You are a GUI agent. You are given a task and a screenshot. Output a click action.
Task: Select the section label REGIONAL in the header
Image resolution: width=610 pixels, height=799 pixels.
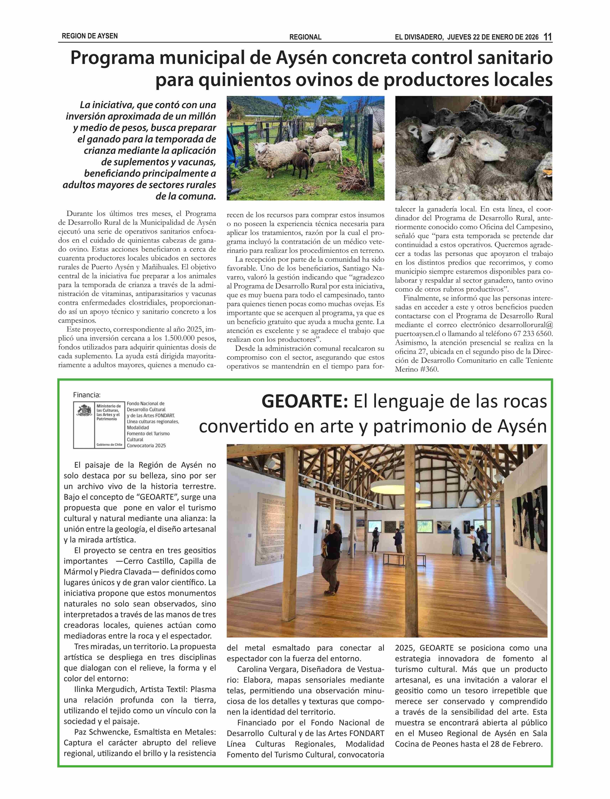[305, 37]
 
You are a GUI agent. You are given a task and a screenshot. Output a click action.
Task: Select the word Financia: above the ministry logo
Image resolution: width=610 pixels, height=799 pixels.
[87, 395]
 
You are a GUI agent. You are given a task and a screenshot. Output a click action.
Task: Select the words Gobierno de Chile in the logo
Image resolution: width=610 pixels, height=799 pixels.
[109, 445]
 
